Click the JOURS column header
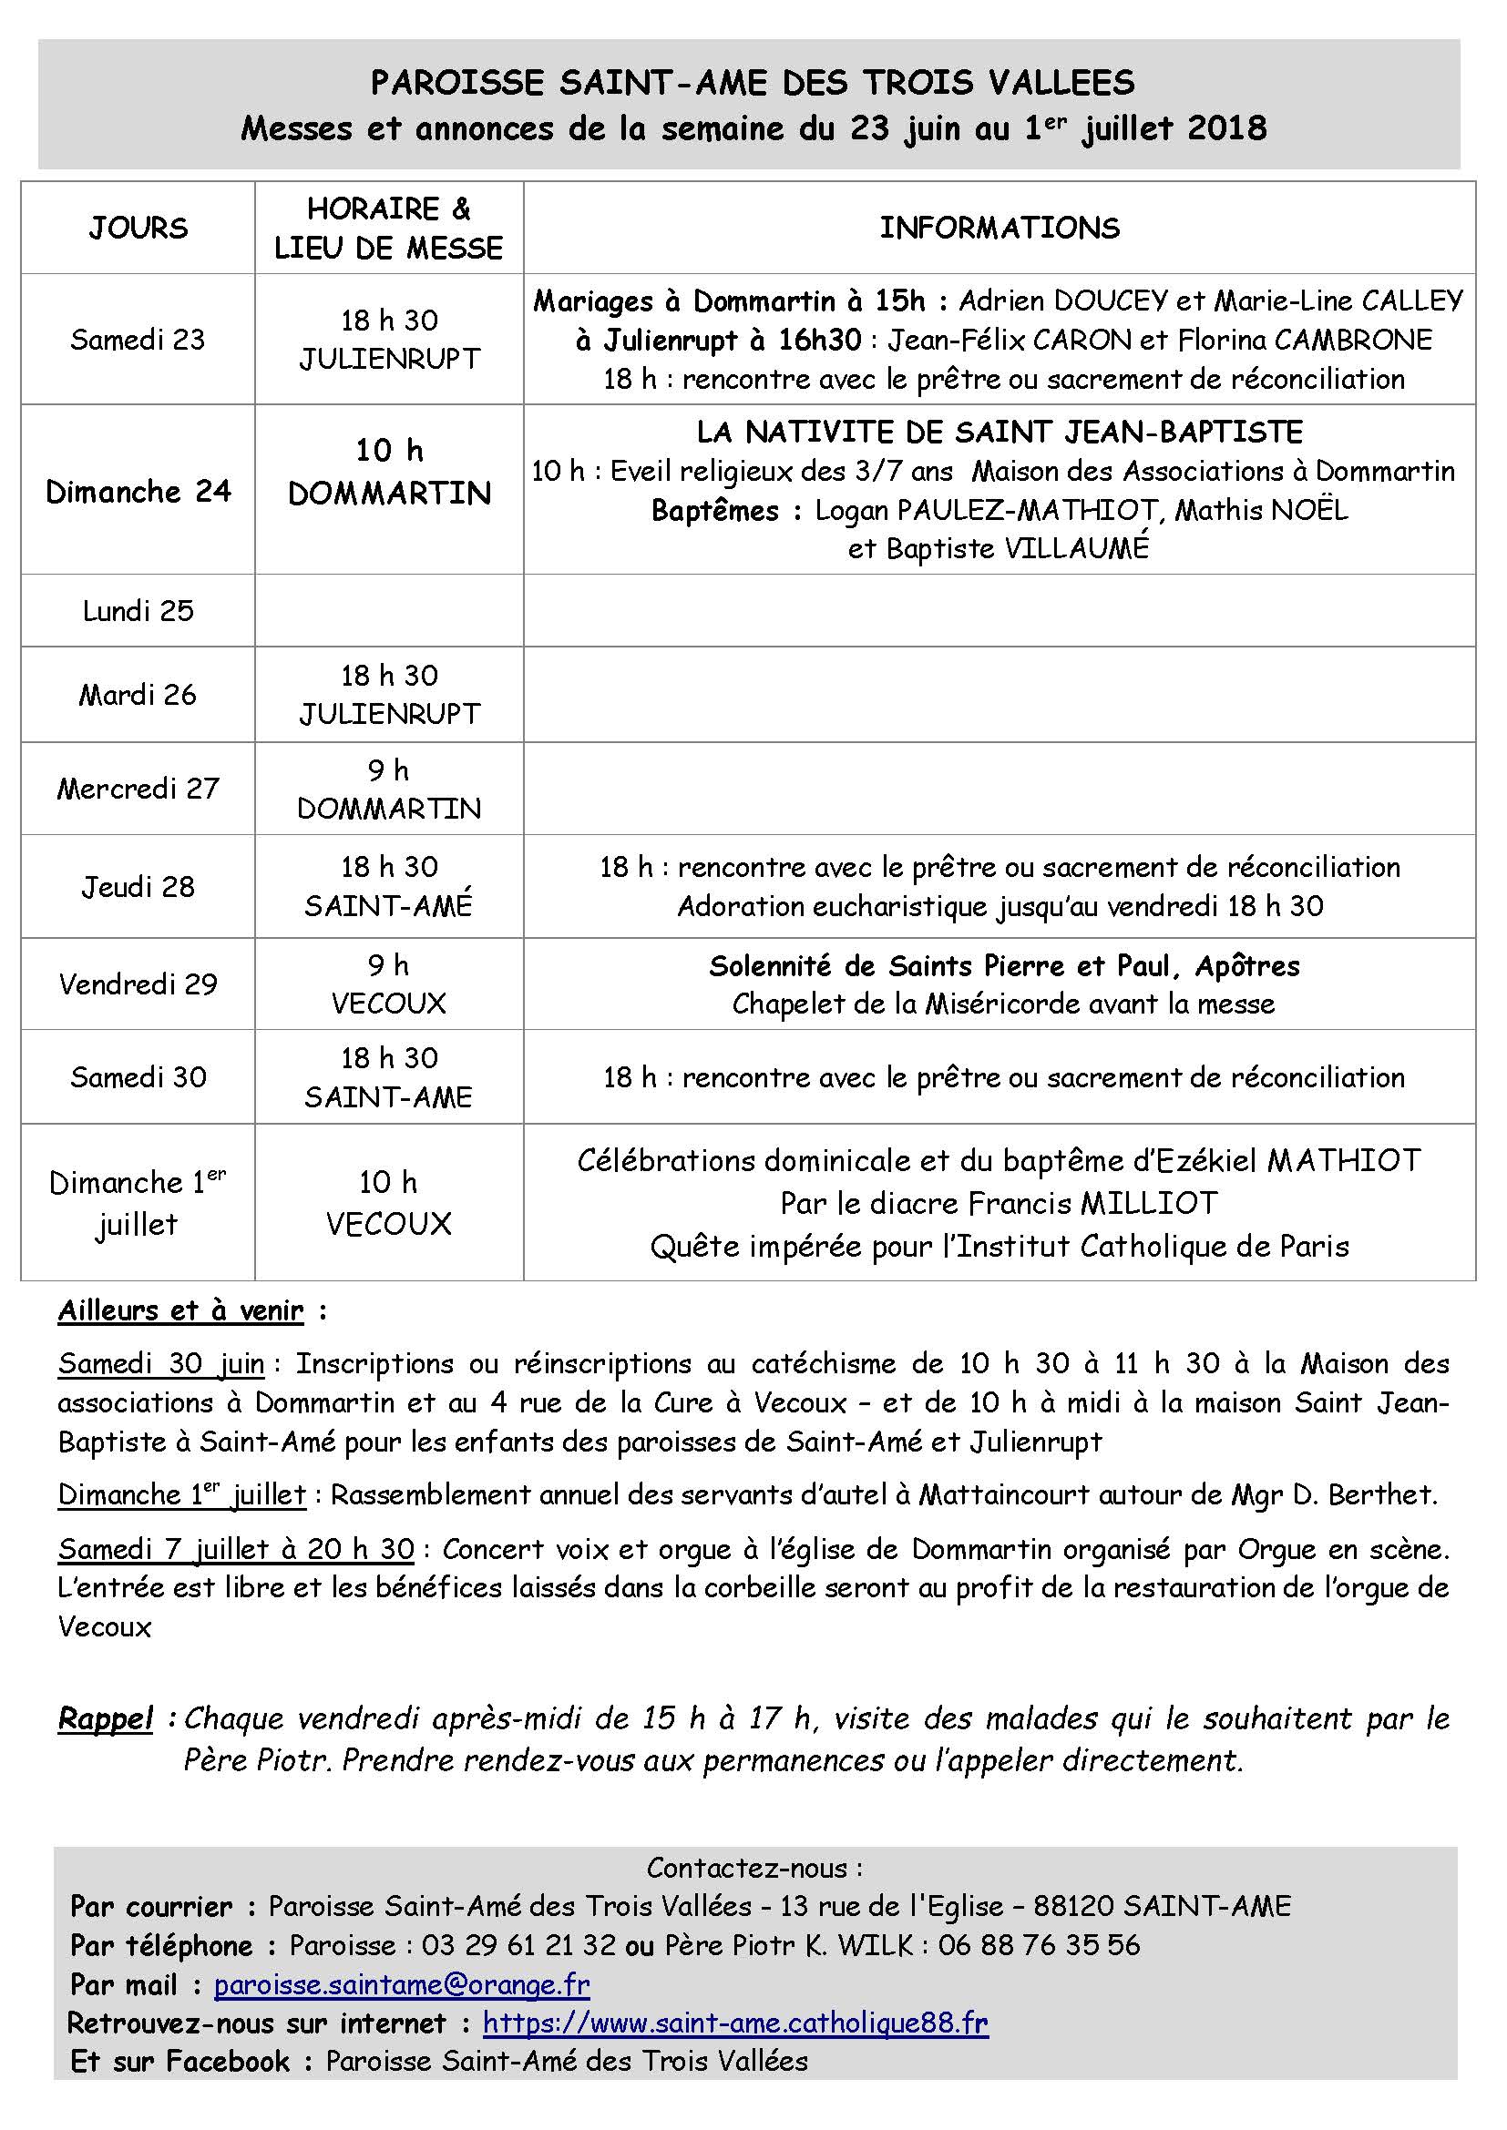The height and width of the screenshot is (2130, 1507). click(138, 229)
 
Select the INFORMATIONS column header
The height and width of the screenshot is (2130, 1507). click(1000, 229)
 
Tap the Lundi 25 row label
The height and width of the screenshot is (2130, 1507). click(138, 610)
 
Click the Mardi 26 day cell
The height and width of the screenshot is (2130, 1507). click(138, 695)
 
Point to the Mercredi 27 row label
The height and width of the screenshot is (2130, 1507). click(138, 789)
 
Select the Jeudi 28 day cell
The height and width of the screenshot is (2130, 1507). click(138, 887)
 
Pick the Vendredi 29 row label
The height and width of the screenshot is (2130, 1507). click(138, 984)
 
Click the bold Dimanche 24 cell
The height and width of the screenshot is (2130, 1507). click(138, 492)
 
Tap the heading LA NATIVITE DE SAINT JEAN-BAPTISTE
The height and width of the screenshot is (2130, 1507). click(1000, 433)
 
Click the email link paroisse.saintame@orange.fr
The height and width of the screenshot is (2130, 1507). click(402, 1984)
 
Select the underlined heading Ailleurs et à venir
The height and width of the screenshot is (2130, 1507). click(181, 1310)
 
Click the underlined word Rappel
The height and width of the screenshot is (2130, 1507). click(106, 1719)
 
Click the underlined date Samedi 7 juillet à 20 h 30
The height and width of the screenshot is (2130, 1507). click(237, 1548)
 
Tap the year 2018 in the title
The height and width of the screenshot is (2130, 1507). click(1226, 128)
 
